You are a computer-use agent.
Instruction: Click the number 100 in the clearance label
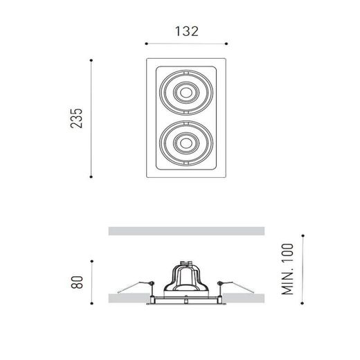point(289,258)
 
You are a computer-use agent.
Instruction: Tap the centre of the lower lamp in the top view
point(186,142)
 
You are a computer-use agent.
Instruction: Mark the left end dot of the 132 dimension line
point(145,44)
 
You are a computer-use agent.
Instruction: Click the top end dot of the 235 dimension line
point(92,60)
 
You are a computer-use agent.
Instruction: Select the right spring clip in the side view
point(224,283)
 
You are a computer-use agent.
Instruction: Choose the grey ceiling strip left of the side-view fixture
point(128,298)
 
